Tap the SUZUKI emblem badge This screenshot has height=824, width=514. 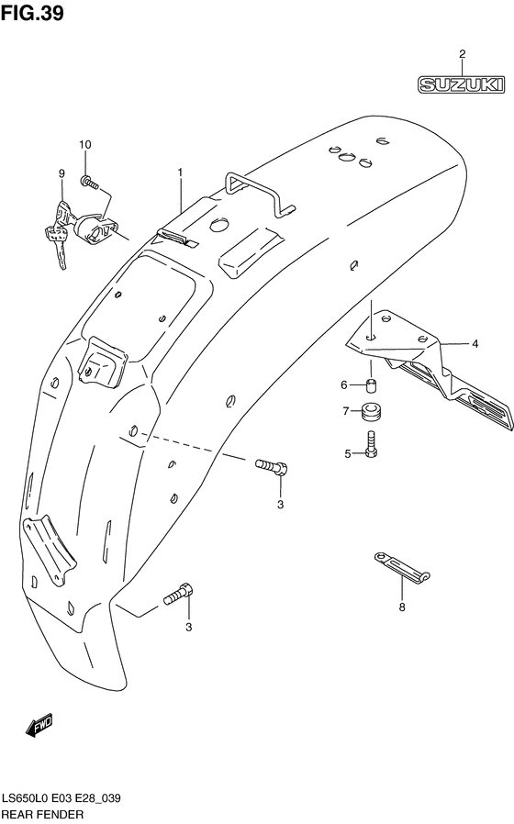[462, 85]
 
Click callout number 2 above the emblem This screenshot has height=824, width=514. [462, 53]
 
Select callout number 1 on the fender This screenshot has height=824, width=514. [181, 173]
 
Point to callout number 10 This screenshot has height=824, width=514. [84, 145]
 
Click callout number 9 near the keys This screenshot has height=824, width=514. [61, 173]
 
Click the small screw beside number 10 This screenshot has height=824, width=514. [89, 184]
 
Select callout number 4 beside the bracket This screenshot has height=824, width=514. [475, 345]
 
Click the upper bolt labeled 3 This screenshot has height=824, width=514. [272, 467]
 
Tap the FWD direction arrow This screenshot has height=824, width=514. [39, 727]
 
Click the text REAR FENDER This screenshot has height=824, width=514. [43, 814]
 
